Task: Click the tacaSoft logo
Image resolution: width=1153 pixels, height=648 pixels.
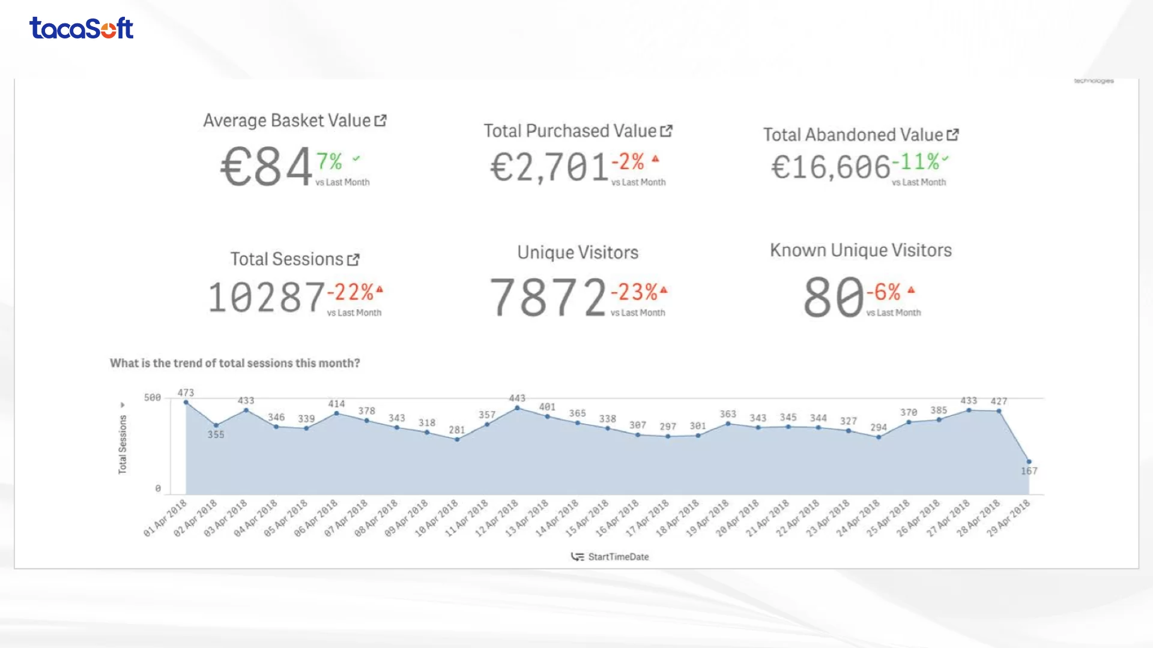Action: (x=81, y=28)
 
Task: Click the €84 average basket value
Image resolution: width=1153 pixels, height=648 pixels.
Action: (x=267, y=167)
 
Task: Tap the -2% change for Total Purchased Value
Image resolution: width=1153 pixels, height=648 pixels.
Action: (x=628, y=161)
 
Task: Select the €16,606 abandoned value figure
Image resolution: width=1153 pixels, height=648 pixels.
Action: (x=830, y=167)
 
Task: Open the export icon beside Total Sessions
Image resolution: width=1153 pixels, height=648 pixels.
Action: (x=354, y=260)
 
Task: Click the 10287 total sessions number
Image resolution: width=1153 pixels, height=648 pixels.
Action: (x=266, y=298)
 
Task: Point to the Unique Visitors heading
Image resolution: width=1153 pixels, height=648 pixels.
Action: (x=578, y=253)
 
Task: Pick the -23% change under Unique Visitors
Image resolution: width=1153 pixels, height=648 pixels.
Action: (x=634, y=292)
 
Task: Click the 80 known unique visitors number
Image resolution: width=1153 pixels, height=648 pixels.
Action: (x=834, y=297)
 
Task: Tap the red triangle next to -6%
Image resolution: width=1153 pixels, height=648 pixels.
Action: (x=911, y=290)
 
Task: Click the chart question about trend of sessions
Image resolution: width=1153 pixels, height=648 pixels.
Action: (x=235, y=363)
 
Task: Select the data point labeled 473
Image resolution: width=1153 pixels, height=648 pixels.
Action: (x=186, y=403)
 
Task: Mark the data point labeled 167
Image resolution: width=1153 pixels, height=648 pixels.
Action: (x=1029, y=462)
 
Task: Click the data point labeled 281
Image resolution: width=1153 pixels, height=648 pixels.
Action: (x=457, y=439)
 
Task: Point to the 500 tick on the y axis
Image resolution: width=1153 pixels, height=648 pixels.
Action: (x=153, y=398)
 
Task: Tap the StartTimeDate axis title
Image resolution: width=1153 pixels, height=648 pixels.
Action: (x=618, y=557)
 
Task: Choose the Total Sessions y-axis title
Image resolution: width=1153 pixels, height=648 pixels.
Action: (x=123, y=445)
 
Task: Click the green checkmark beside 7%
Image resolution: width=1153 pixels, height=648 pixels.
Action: (x=356, y=158)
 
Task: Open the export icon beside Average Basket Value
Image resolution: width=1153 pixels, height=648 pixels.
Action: (x=380, y=121)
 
